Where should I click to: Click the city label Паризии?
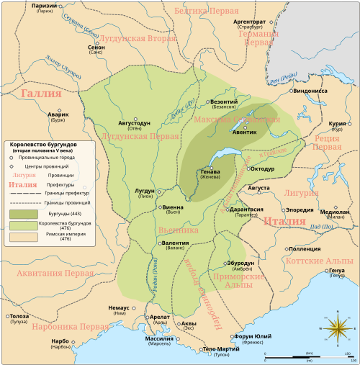click(25, 6)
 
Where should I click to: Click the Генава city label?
click(210, 172)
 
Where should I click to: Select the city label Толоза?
click(19, 317)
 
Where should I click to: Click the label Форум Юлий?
click(252, 336)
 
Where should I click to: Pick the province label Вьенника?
click(178, 230)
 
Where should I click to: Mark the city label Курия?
click(338, 123)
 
